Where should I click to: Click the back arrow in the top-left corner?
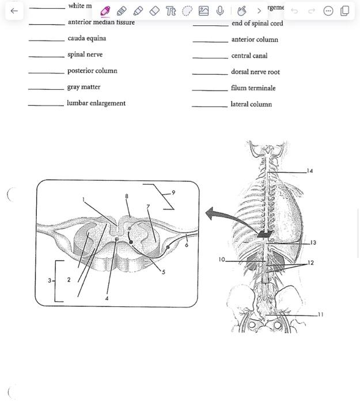point(14,10)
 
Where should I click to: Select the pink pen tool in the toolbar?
point(105,10)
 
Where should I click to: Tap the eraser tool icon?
point(154,10)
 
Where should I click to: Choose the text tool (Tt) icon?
point(170,10)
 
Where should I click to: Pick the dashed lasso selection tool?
point(187,10)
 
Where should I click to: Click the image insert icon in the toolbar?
point(203,10)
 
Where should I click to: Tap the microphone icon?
point(219,10)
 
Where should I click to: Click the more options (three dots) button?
point(328,10)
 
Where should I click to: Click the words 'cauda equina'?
point(87,39)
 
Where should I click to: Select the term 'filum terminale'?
point(253,88)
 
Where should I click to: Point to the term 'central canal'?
point(249,56)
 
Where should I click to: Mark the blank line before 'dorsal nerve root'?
point(210,73)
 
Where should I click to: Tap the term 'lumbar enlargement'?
point(96,104)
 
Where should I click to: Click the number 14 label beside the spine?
point(310,171)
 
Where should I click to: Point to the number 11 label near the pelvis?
point(320,314)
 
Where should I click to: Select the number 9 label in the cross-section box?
point(173,193)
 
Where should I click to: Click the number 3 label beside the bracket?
point(50,281)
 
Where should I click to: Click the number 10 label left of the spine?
point(222,260)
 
